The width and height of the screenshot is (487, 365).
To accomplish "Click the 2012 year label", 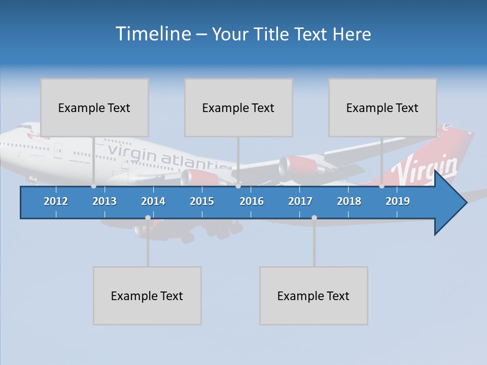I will pos(56,201).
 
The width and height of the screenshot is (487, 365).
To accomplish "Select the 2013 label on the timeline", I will pos(105,201).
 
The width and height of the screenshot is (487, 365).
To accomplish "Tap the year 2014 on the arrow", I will pos(153,201).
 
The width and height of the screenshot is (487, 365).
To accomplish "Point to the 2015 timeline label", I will pos(202,201).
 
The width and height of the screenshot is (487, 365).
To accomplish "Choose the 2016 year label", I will pos(252,201).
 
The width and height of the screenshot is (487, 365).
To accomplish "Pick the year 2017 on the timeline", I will pos(300,201).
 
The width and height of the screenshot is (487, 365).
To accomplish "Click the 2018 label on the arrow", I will pos(349,201).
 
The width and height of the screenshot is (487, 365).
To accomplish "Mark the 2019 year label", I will pos(398,201).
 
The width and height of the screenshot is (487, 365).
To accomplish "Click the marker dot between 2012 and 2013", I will pos(93,186).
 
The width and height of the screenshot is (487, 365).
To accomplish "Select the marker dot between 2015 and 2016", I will pos(238,186).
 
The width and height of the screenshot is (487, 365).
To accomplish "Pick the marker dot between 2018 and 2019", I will pos(381,186).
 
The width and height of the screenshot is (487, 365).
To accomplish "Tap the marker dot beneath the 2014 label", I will pos(148,218).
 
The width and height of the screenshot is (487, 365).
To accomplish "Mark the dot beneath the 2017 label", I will pos(314,218).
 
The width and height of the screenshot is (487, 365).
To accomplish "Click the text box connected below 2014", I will pos(147,296).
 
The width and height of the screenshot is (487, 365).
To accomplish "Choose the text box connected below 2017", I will pos(314,296).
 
